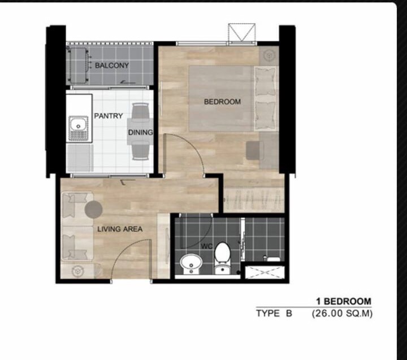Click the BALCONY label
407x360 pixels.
(112, 66)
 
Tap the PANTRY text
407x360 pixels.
(108, 116)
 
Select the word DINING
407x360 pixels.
(140, 132)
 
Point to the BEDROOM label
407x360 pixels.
(222, 102)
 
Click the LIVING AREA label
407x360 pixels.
(120, 229)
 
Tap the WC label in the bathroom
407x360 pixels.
(207, 246)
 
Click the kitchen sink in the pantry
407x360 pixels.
(79, 128)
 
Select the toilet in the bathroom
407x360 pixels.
(223, 258)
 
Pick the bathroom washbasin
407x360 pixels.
(191, 263)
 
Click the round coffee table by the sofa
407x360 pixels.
(93, 210)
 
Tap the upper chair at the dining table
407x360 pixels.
(140, 111)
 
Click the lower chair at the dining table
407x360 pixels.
(141, 151)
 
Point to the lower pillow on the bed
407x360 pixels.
(265, 115)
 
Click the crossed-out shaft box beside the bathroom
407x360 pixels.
(265, 272)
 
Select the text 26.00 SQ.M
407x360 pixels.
(342, 314)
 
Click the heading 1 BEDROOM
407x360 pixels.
(344, 301)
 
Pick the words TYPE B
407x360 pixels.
(274, 314)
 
